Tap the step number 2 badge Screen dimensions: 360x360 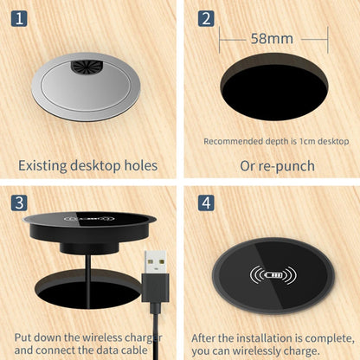tap(205, 17)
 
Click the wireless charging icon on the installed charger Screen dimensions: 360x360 tap(273, 278)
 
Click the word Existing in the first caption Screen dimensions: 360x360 tap(46, 164)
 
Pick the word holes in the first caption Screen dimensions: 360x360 tap(138, 164)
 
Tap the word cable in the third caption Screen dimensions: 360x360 tap(154, 350)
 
